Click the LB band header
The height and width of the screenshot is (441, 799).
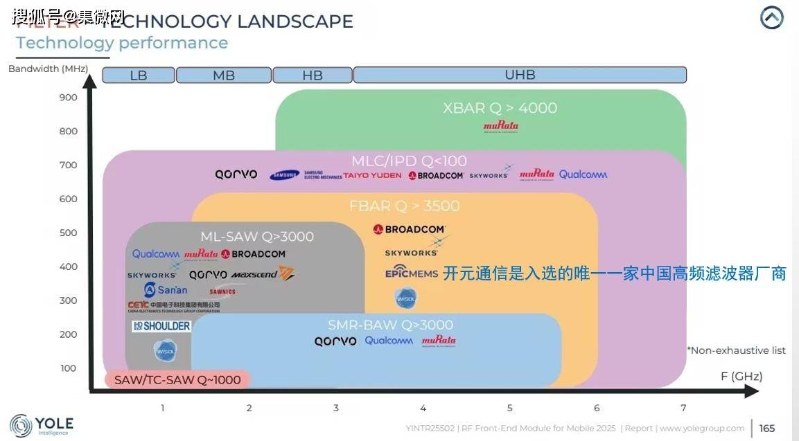[139, 75]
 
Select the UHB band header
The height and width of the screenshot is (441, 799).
[520, 75]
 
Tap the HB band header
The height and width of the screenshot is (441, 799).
[313, 75]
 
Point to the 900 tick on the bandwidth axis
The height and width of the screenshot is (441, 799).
[68, 98]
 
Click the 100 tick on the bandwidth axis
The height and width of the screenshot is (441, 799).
[68, 368]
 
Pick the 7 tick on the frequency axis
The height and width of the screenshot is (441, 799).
[683, 408]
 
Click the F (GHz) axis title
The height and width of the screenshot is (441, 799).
[741, 377]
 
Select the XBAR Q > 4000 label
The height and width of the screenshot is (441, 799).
[500, 108]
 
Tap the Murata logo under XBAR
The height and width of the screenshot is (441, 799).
[500, 127]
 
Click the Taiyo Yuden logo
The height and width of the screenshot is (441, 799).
[372, 176]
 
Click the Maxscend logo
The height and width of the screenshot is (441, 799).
[263, 274]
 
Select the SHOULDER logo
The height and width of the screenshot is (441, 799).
[161, 326]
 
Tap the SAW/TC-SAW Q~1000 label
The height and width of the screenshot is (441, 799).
[177, 379]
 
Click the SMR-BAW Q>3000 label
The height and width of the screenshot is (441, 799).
[390, 325]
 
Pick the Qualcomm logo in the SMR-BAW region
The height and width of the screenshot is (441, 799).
[389, 341]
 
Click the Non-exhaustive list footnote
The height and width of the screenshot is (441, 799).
[736, 350]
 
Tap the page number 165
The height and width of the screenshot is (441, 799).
[766, 429]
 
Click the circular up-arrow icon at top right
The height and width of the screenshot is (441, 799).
[771, 18]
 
